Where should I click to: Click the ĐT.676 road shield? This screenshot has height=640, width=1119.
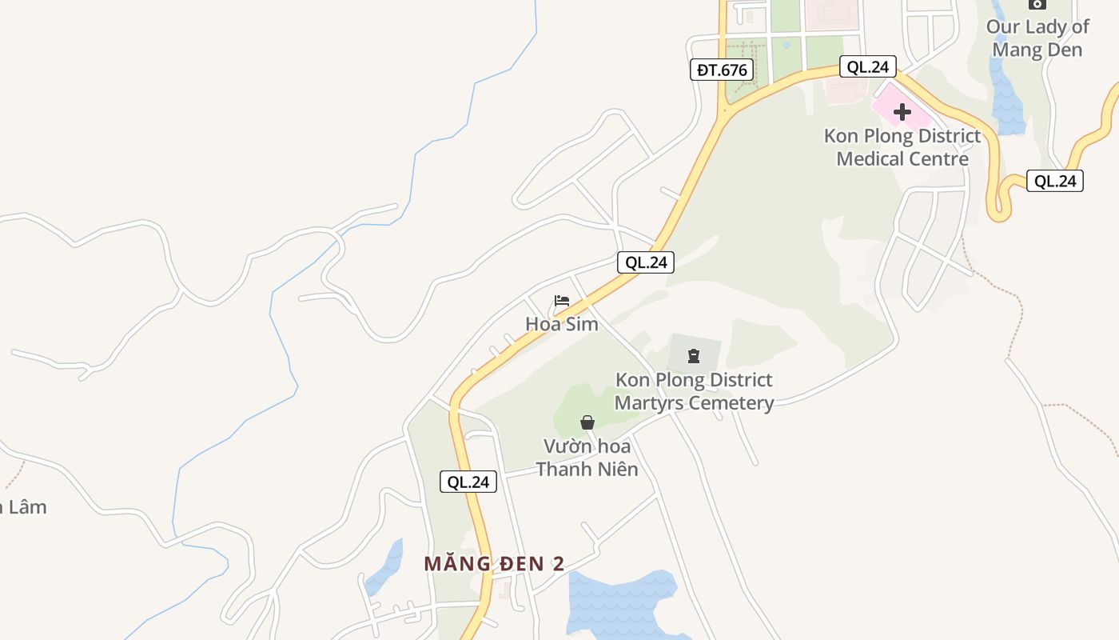[722, 70]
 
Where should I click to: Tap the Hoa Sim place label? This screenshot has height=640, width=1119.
[562, 323]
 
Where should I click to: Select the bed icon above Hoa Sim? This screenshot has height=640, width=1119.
[562, 301]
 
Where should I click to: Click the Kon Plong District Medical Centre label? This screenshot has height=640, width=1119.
[902, 147]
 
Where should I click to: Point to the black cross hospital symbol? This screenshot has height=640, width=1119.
[902, 112]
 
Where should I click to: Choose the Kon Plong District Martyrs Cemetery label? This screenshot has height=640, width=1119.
[694, 390]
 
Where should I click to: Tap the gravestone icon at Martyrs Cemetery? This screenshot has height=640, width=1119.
[693, 355]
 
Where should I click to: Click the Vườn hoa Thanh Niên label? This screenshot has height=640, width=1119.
[587, 457]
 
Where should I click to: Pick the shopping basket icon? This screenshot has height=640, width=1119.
[587, 422]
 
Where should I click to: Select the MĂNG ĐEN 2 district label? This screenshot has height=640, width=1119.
[494, 563]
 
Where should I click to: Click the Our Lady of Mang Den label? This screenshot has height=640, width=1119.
[1037, 38]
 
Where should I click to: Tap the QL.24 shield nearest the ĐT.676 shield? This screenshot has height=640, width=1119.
[868, 66]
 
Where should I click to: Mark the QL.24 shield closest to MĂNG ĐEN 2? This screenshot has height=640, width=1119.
[468, 482]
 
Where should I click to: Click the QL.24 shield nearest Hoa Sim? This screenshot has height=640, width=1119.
[646, 262]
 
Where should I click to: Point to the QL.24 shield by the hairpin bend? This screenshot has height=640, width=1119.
[1055, 181]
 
